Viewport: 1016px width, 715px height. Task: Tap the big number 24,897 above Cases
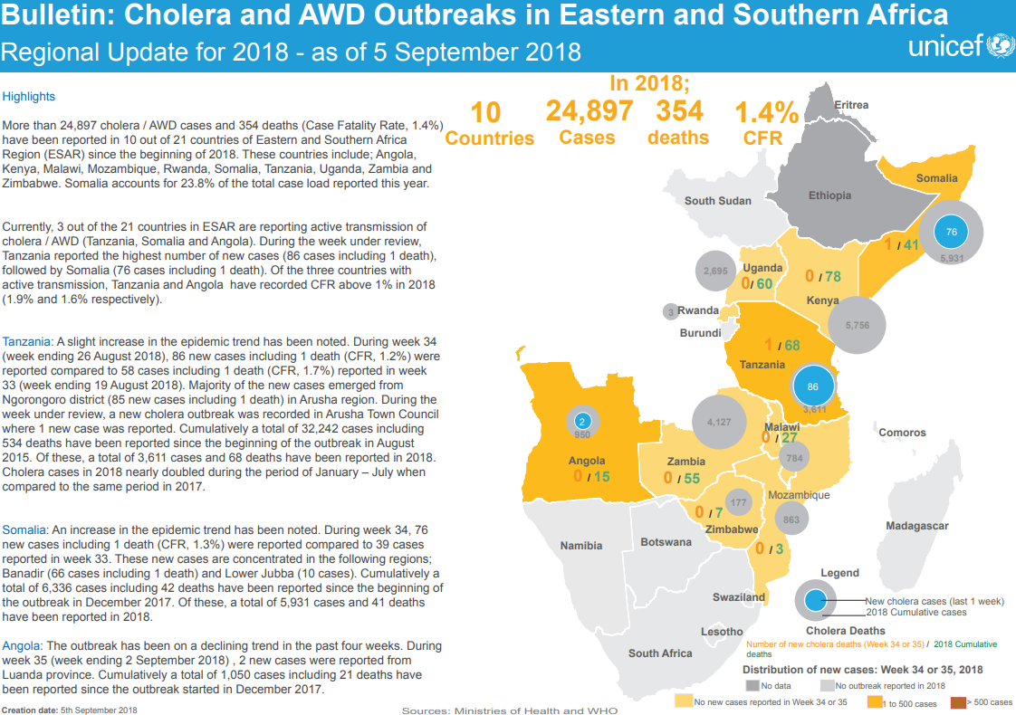tap(589, 111)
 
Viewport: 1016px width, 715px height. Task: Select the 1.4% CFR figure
tap(766, 113)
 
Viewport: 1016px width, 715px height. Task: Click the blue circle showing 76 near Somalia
tap(951, 233)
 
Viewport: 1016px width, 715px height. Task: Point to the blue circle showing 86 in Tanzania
tap(812, 386)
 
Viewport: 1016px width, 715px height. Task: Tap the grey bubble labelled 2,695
tap(715, 271)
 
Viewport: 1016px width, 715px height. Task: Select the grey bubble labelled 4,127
tap(718, 422)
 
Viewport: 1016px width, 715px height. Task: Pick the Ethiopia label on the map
tap(829, 195)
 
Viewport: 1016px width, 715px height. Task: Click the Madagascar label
tap(916, 526)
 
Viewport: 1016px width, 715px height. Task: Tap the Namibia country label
tap(580, 546)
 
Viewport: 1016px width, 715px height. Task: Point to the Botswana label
tap(666, 542)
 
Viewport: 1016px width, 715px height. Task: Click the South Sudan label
tap(717, 201)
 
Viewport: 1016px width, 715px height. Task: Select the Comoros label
tap(902, 433)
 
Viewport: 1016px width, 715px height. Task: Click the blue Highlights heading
tap(29, 96)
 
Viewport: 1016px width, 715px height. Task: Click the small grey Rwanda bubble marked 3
tap(670, 311)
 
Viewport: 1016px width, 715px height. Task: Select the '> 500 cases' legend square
tap(957, 701)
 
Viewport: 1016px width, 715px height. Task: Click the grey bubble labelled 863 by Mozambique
tap(791, 520)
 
